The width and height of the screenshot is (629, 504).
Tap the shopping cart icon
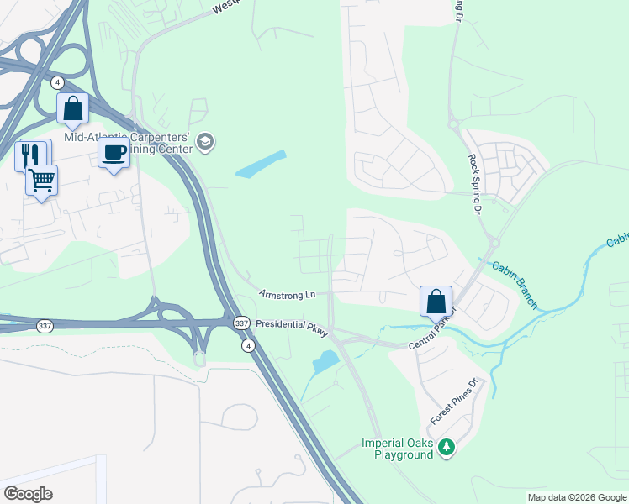[x=41, y=180]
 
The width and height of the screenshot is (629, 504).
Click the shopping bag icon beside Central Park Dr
[x=436, y=301]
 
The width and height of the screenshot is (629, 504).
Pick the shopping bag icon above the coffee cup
[x=73, y=108]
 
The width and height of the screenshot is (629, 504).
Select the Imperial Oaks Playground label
[x=397, y=449]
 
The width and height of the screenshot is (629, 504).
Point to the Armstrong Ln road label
[x=287, y=295]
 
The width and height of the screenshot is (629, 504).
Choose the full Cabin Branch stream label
[x=513, y=281]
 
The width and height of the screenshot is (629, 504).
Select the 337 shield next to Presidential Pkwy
[x=241, y=323]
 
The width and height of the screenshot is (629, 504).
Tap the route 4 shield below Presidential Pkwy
[x=247, y=345]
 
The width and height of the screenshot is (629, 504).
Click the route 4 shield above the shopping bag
[x=57, y=82]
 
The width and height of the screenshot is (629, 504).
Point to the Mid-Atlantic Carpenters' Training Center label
[x=133, y=143]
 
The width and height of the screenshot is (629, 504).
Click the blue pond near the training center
[x=261, y=164]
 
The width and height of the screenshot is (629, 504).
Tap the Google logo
[x=28, y=494]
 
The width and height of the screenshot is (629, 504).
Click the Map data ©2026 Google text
[x=577, y=497]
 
